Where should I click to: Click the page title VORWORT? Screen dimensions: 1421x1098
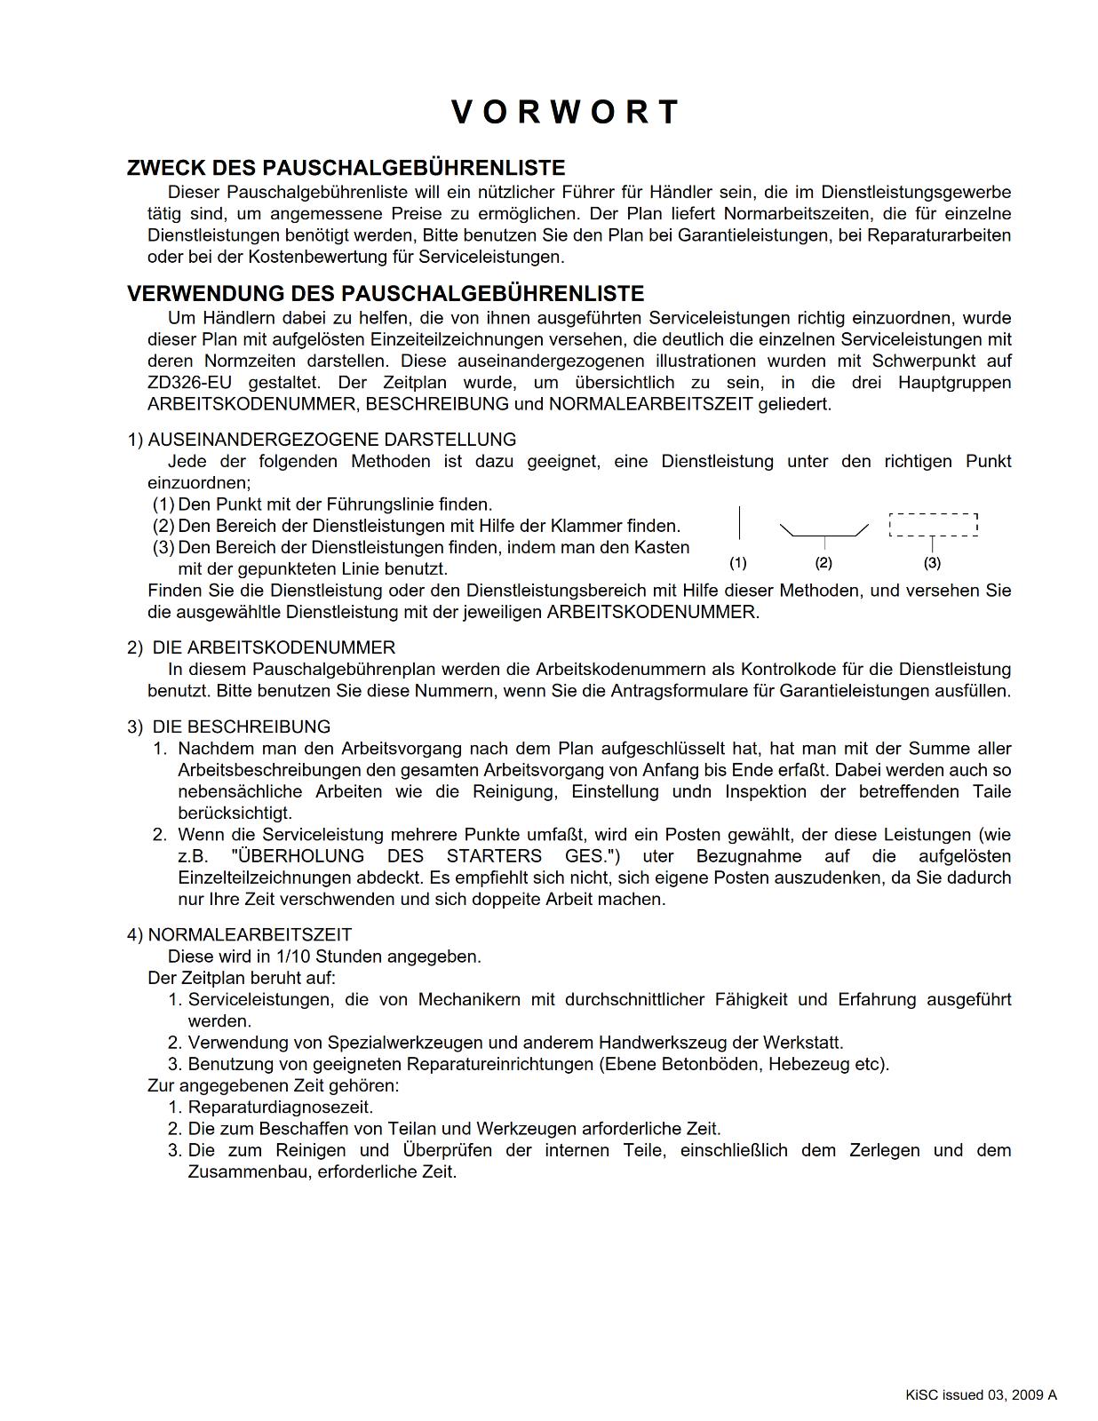point(565,113)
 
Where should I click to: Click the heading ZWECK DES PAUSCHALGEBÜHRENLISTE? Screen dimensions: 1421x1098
point(346,168)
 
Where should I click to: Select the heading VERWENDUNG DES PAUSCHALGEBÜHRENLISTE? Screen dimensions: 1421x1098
point(385,293)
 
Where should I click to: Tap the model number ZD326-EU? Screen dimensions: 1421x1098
point(189,383)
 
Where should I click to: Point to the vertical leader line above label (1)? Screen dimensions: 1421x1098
point(739,522)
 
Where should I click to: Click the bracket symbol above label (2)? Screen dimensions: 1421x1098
point(823,532)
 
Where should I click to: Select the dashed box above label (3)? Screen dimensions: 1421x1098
point(933,525)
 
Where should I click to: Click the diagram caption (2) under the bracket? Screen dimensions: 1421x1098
point(823,563)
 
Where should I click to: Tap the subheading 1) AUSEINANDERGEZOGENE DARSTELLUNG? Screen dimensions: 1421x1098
point(322,440)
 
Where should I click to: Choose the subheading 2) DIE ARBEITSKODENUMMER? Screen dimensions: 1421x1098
point(261,647)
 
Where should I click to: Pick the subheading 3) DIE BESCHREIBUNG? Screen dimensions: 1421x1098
point(228,726)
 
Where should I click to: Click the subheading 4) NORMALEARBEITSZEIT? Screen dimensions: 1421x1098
point(239,934)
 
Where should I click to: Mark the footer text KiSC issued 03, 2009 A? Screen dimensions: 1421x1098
point(981,1394)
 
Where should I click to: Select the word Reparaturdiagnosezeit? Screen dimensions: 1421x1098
point(280,1107)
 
